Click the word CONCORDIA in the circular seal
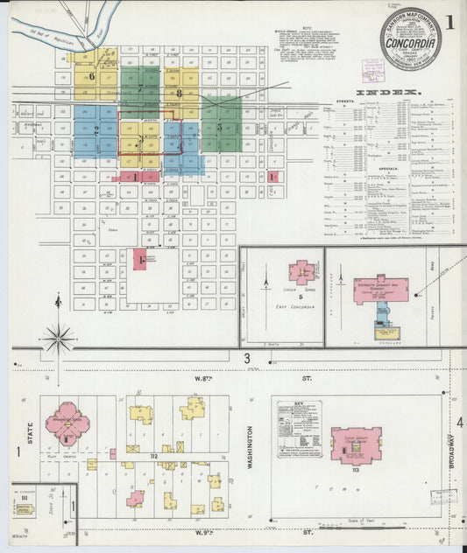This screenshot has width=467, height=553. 411,39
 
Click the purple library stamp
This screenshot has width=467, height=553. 373,71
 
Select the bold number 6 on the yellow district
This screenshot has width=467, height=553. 91,75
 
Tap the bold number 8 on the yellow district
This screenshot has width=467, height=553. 179,93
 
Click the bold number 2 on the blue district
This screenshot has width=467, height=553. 96,129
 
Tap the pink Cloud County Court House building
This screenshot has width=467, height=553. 355,443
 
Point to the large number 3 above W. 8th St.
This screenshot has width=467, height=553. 247,359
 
